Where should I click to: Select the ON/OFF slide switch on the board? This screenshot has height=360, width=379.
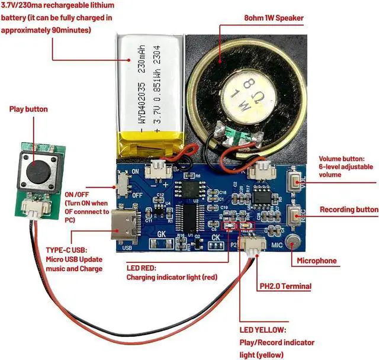coord(124,180)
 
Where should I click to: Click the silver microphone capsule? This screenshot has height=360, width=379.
coord(292,242)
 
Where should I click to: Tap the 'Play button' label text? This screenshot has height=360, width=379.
coord(28,109)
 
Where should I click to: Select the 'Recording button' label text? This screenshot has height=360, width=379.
coord(349,209)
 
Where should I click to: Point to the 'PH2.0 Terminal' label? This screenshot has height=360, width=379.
coord(285,287)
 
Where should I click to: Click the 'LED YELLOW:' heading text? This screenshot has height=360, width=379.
coord(262,329)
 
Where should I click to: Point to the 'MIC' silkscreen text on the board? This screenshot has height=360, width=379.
coord(275,245)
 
